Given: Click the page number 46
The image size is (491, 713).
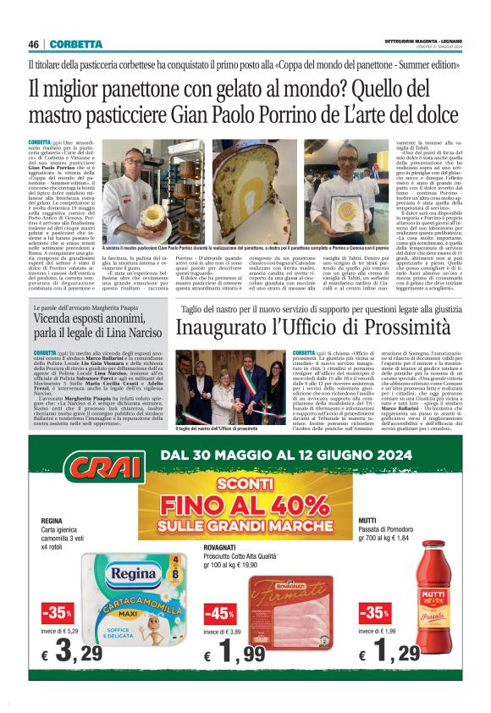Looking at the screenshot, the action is (34, 44).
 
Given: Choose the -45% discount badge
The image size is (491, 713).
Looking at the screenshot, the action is (219, 613).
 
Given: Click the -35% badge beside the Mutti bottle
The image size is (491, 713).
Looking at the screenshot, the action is (373, 613).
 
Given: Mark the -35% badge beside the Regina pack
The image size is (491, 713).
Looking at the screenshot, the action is (57, 612).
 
